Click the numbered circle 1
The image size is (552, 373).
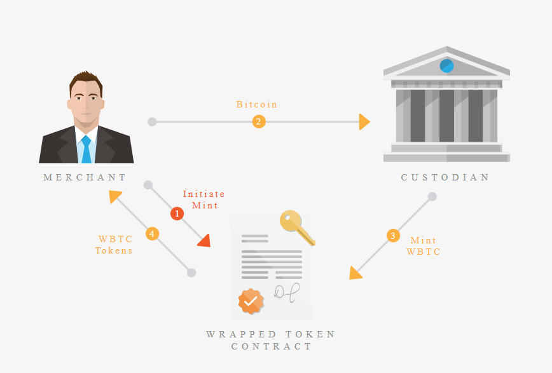tap(177, 214)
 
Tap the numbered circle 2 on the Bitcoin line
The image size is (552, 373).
tap(259, 122)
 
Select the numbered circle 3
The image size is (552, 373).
tap(393, 235)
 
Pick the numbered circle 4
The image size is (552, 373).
tap(152, 234)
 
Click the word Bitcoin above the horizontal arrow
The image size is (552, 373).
tap(257, 104)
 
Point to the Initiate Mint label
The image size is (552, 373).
tap(204, 200)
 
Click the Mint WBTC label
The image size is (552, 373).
tap(424, 246)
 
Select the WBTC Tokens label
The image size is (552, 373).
tap(114, 245)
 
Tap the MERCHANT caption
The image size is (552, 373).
tap(84, 177)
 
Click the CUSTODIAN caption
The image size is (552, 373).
tap(445, 177)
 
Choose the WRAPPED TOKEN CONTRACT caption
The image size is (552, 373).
tap(271, 340)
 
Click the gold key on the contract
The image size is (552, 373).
tap(297, 227)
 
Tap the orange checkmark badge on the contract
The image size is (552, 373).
tap(251, 301)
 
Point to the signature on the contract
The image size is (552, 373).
tap(287, 293)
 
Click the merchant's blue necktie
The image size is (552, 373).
tap(86, 149)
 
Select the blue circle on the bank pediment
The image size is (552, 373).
tap(446, 66)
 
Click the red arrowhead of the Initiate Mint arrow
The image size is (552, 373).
tap(205, 241)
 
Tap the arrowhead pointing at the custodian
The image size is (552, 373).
tap(364, 122)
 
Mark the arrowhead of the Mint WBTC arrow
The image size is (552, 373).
tap(355, 273)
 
